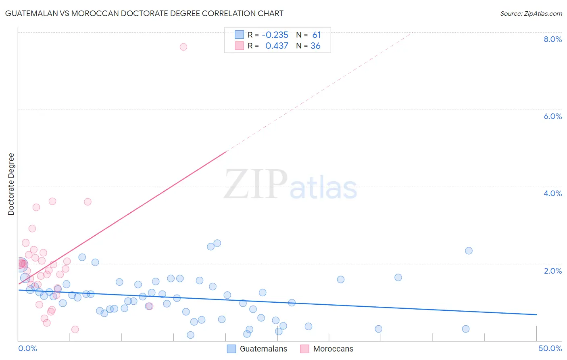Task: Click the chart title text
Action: coord(144,13)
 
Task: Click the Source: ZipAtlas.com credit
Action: coord(531,13)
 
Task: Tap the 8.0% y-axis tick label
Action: coord(552,39)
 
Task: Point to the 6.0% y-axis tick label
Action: coord(552,116)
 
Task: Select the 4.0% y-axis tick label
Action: coord(552,193)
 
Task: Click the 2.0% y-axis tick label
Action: coord(552,271)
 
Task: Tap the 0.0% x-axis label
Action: coord(27,348)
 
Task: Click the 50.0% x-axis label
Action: coord(550,348)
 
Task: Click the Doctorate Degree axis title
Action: coord(11,184)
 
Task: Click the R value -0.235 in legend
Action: coord(275,35)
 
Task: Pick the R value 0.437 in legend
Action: coord(277,46)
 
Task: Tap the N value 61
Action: coord(316,35)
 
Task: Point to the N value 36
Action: coord(315,46)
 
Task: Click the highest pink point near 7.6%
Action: coord(183,47)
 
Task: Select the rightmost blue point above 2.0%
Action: coord(469,251)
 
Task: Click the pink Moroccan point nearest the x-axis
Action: coord(75,329)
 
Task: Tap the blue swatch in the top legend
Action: coord(239,35)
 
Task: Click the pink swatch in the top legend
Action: coord(239,46)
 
